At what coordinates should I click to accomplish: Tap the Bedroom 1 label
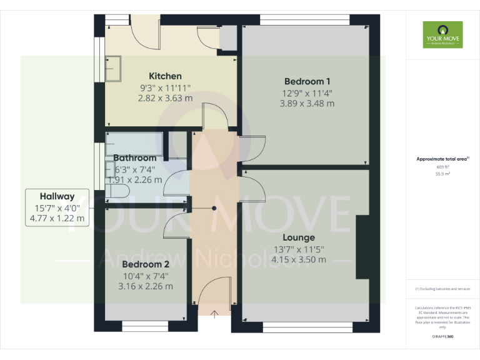point(307,81)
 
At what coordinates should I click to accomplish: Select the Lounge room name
point(298,237)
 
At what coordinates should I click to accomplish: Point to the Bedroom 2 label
point(146,264)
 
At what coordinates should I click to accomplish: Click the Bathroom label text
point(135,158)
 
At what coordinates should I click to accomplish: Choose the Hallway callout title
point(57,196)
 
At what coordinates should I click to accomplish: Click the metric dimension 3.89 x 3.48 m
point(307,103)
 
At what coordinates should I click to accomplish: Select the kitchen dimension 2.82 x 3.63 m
point(165,98)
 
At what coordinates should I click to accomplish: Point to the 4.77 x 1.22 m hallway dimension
point(57,219)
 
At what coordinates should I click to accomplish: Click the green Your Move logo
point(442,35)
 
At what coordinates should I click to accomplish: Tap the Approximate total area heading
point(442,159)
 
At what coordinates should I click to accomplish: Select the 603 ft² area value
point(442,167)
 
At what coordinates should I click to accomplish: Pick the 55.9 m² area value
point(442,174)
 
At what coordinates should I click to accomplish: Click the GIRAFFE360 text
point(442,336)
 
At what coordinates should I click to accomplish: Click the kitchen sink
point(114,69)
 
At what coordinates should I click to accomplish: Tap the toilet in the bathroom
point(119,191)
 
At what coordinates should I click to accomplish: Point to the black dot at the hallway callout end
point(214,208)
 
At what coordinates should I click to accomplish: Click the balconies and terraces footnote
point(442,289)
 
